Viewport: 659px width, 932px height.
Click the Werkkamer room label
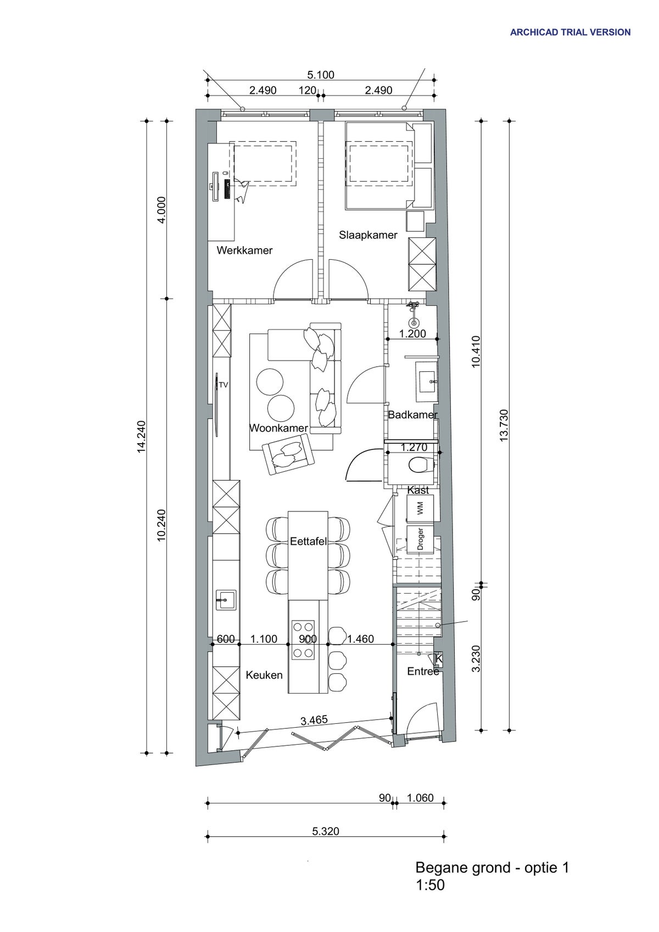pos(244,250)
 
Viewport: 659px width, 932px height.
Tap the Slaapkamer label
pos(368,235)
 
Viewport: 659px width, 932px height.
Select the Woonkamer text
pos(278,428)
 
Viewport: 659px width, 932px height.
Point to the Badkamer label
pos(412,415)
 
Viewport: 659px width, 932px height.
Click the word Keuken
pos(264,675)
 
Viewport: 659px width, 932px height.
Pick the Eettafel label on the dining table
pos(308,542)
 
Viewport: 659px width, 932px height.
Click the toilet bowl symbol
pos(420,465)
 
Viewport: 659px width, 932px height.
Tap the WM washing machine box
pos(420,509)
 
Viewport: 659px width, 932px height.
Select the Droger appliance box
pos(420,539)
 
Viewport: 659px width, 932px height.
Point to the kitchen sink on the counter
pos(226,600)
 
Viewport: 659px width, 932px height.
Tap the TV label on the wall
pos(224,385)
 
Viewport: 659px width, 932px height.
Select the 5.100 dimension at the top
pos(320,75)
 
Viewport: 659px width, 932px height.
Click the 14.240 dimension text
pos(142,437)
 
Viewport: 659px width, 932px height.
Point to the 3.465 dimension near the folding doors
pos(314,720)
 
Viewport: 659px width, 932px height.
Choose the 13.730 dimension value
pos(504,425)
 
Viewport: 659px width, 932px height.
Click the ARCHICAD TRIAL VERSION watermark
pos(570,32)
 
